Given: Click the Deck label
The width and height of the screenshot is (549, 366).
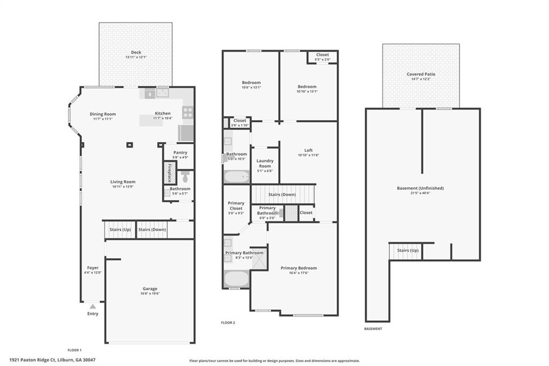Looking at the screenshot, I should [x=136, y=53].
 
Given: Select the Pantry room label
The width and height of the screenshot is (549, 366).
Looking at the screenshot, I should [x=180, y=153].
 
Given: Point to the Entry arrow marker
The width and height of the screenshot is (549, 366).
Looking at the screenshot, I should [x=93, y=306].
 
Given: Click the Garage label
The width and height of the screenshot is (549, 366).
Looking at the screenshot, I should [x=150, y=289].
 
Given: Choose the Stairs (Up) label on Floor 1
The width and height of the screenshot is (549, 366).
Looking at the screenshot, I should [x=120, y=230].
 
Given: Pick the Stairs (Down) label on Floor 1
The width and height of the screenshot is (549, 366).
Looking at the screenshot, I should [x=152, y=230].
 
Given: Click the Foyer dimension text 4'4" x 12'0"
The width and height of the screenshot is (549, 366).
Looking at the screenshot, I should [x=93, y=273].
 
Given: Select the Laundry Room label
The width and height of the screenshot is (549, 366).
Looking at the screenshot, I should [x=265, y=163].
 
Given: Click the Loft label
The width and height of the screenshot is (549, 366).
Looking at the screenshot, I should [x=308, y=150].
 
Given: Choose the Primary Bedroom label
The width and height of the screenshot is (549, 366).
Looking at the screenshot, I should [x=299, y=268].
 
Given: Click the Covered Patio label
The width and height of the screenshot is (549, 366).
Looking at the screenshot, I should [x=421, y=74].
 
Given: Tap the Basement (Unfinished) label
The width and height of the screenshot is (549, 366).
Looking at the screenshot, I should [x=420, y=188].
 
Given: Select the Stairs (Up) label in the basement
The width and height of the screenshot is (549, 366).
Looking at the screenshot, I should [x=407, y=251].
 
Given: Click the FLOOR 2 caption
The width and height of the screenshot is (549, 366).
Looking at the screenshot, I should [x=228, y=323].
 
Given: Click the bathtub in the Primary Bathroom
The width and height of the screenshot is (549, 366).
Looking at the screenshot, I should [x=236, y=279].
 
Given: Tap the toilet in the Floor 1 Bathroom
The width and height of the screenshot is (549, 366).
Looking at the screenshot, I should [x=185, y=177].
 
